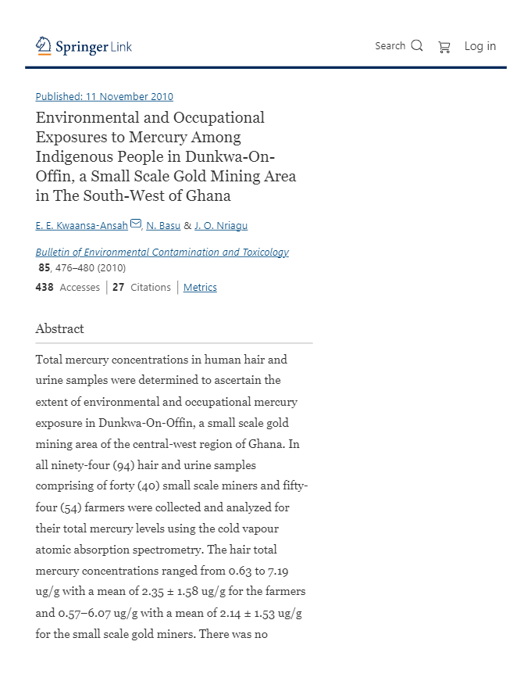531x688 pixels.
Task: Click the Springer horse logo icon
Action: [43, 46]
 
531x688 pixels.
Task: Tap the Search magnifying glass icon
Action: [417, 45]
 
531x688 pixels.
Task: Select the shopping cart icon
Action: [444, 47]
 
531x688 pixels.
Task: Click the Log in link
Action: [479, 46]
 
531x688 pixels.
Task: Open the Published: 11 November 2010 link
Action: [105, 96]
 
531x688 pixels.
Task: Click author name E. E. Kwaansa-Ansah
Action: [81, 225]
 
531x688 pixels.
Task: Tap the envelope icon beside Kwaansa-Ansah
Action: [136, 224]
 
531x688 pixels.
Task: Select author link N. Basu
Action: [163, 225]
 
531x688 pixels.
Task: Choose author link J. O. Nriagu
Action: [221, 225]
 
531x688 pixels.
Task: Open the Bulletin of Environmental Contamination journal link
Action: [162, 252]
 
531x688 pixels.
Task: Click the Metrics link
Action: [200, 287]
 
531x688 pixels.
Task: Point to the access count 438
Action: [45, 287]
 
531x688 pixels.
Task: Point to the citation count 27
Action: [118, 287]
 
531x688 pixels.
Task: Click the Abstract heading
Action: [59, 328]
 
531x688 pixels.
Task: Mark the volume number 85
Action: [45, 267]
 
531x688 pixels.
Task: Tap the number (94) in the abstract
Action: [123, 465]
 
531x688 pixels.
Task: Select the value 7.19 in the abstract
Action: [278, 571]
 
